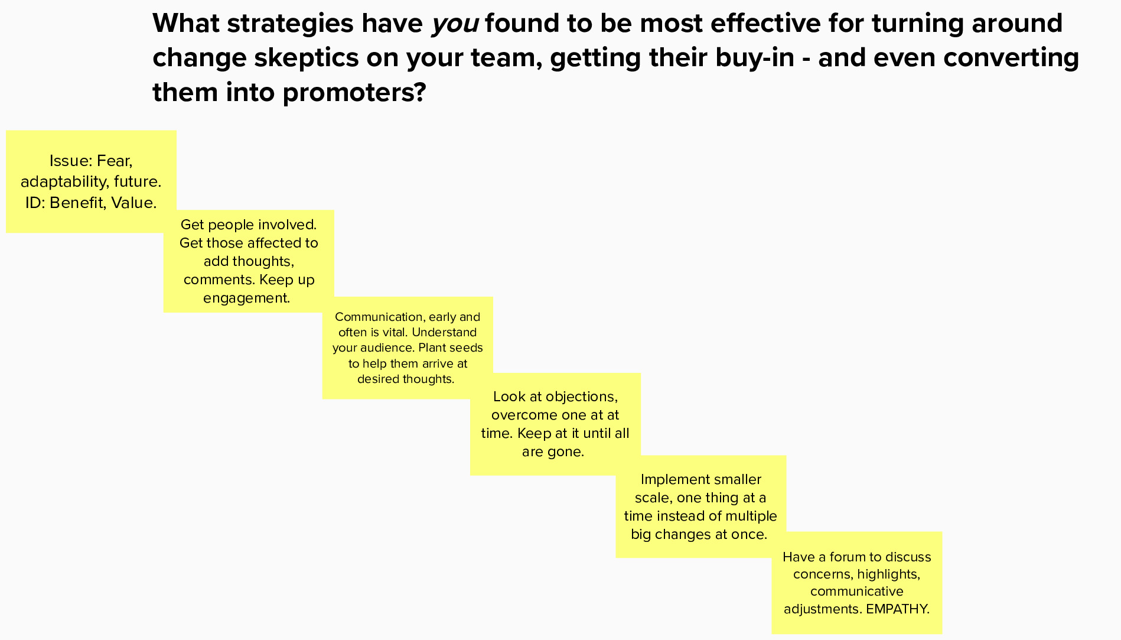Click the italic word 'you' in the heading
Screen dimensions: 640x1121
pyautogui.click(x=454, y=24)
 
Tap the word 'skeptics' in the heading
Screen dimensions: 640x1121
pyautogui.click(x=305, y=58)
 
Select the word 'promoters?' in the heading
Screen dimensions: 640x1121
pyautogui.click(x=354, y=93)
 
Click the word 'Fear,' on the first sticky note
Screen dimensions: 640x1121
pyautogui.click(x=115, y=161)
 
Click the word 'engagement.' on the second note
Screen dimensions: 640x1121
pyautogui.click(x=247, y=298)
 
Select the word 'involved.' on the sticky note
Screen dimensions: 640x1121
pyautogui.click(x=289, y=225)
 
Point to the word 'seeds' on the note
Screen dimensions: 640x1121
pyautogui.click(x=467, y=348)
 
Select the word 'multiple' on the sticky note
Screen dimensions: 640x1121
pyautogui.click(x=751, y=516)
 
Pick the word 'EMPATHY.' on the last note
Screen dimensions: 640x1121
pyautogui.click(x=898, y=609)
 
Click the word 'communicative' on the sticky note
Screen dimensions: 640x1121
pyautogui.click(x=856, y=592)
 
